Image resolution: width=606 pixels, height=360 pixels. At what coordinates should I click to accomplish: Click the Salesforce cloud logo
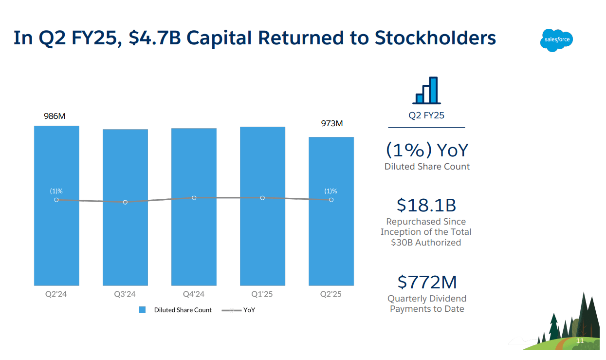point(556,40)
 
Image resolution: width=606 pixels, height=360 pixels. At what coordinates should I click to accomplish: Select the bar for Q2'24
point(56,206)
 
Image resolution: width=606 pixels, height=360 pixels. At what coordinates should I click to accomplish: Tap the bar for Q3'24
point(125,208)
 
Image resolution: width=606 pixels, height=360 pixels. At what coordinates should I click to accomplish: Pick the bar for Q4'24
point(194,207)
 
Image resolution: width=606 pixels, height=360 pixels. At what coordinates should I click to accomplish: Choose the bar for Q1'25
point(262,206)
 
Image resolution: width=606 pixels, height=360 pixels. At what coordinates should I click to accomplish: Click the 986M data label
point(55,116)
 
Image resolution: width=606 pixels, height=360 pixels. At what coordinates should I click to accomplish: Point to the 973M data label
point(331,123)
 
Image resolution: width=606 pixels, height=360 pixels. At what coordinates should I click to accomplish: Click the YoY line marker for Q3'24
point(125,202)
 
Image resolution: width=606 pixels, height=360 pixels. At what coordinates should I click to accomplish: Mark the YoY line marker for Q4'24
point(194,198)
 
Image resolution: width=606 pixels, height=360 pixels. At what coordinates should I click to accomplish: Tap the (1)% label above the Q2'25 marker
point(331,191)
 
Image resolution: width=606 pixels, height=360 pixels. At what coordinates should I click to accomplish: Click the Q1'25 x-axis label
point(262,294)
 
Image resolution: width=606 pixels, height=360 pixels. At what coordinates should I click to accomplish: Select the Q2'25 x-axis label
point(331,294)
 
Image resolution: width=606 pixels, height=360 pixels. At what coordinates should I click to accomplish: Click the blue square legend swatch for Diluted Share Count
point(142,310)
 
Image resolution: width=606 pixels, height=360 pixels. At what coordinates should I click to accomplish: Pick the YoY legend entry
point(239,310)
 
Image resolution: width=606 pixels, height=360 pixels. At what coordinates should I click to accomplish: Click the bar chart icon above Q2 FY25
point(427,91)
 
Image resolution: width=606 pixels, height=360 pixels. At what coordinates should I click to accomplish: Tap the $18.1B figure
point(426,205)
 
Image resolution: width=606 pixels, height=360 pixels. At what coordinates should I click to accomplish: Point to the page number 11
point(580,341)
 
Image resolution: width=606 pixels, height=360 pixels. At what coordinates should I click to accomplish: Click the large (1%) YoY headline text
point(427,150)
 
